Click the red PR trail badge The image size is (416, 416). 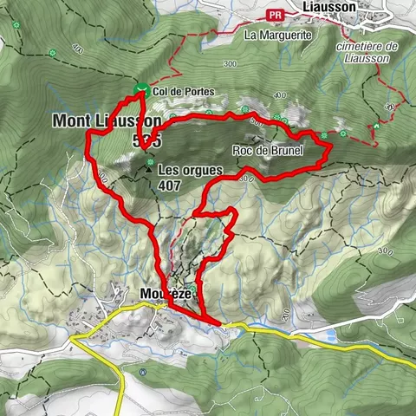(276, 14)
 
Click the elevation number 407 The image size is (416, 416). (170, 185)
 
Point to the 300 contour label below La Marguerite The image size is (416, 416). (230, 64)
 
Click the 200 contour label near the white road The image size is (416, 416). (285, 313)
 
